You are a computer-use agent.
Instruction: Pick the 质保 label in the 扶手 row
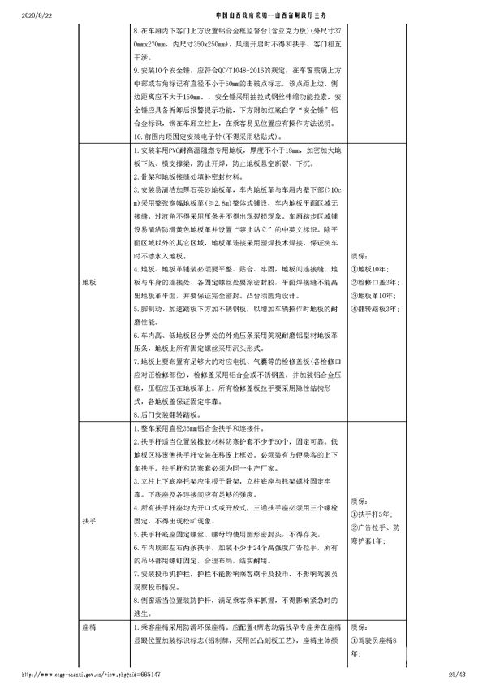pyautogui.click(x=358, y=500)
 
